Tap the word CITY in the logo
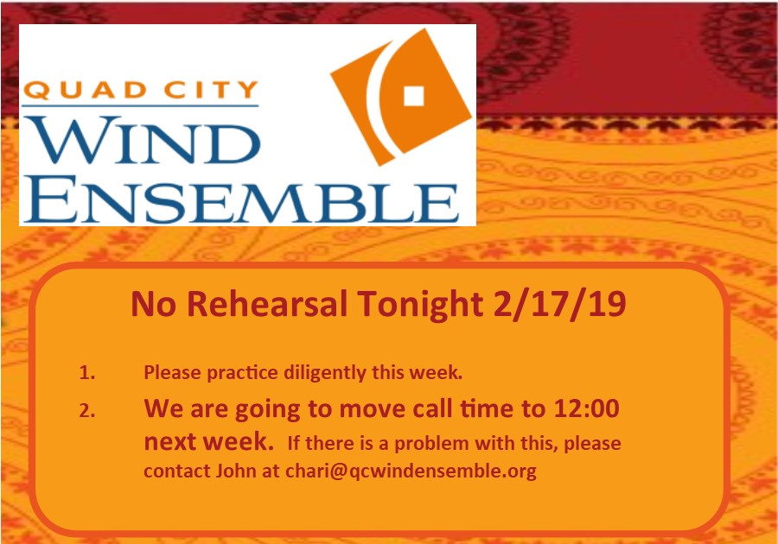[211, 90]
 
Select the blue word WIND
[143, 140]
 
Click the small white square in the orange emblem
[413, 96]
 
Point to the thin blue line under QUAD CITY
[141, 105]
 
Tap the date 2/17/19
[559, 305]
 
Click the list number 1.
[86, 372]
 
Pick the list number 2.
[86, 410]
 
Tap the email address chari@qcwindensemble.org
[411, 471]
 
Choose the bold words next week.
[208, 441]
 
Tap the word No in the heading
[153, 304]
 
